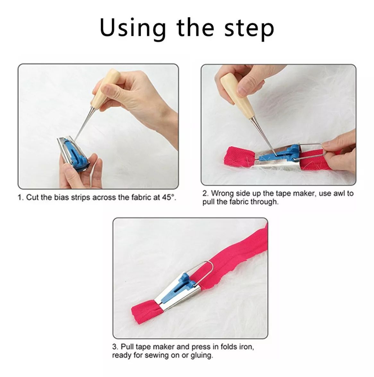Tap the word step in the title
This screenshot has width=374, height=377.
tap(249, 29)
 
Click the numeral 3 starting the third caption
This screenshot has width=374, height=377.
tap(115, 347)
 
